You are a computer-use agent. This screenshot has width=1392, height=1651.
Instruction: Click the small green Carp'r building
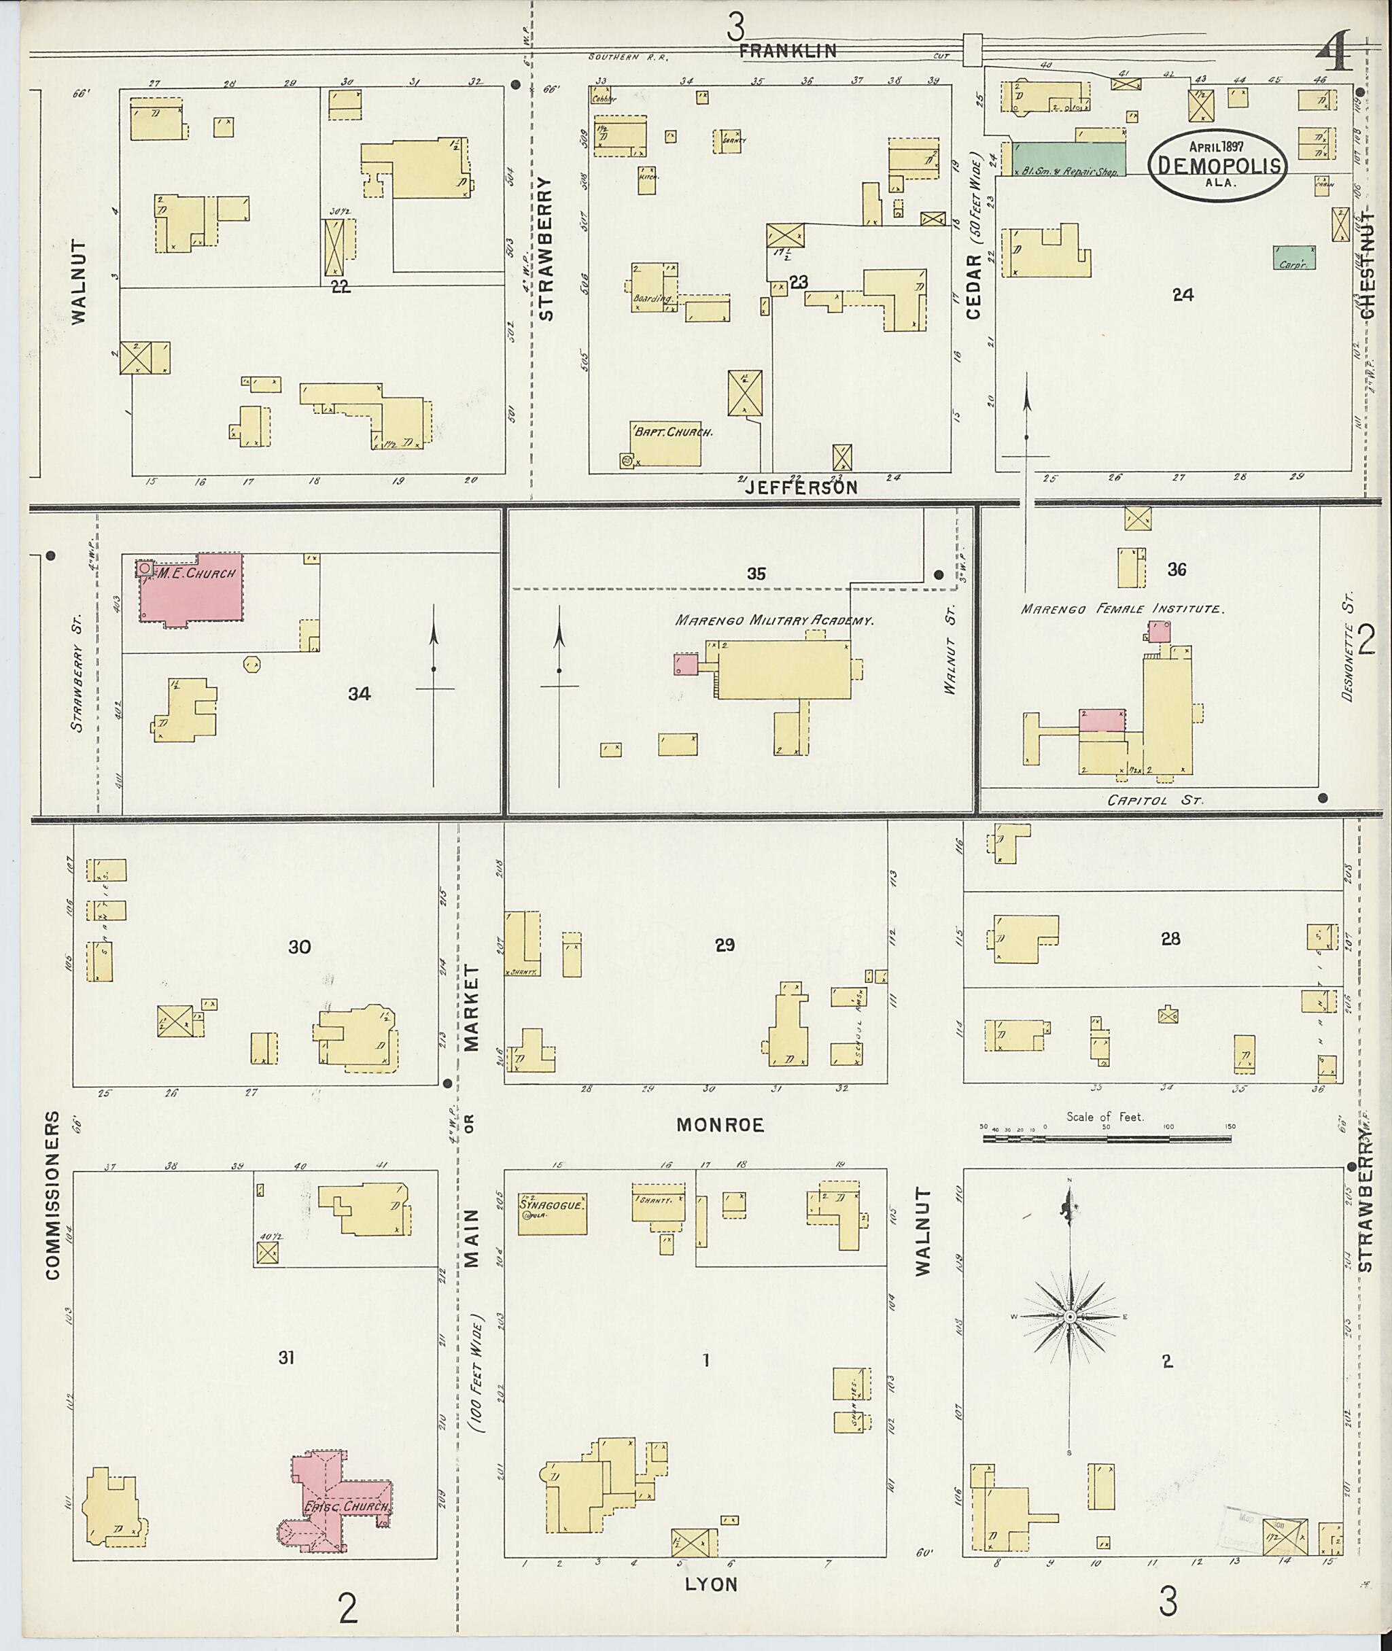1293,258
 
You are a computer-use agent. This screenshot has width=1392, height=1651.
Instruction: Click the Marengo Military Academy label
773,621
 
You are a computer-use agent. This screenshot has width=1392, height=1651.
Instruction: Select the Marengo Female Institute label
1121,609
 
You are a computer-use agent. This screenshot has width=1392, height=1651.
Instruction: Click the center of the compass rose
1070,1317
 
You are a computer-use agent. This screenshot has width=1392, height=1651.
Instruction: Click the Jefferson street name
800,489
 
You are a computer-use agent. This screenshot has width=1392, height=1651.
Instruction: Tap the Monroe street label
720,1126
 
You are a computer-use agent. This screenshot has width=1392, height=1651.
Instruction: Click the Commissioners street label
52,1196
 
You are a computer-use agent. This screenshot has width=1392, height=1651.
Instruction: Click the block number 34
360,694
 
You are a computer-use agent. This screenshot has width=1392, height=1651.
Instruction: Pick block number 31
286,1357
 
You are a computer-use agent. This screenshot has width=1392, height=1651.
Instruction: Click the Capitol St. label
1155,800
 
